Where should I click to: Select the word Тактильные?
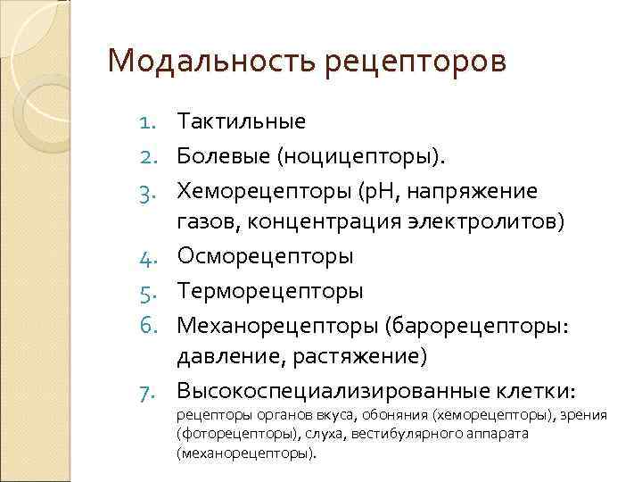pos(241,120)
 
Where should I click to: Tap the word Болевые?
pos(223,156)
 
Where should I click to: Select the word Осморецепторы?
pos(265,256)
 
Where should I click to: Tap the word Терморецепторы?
pos(270,291)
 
